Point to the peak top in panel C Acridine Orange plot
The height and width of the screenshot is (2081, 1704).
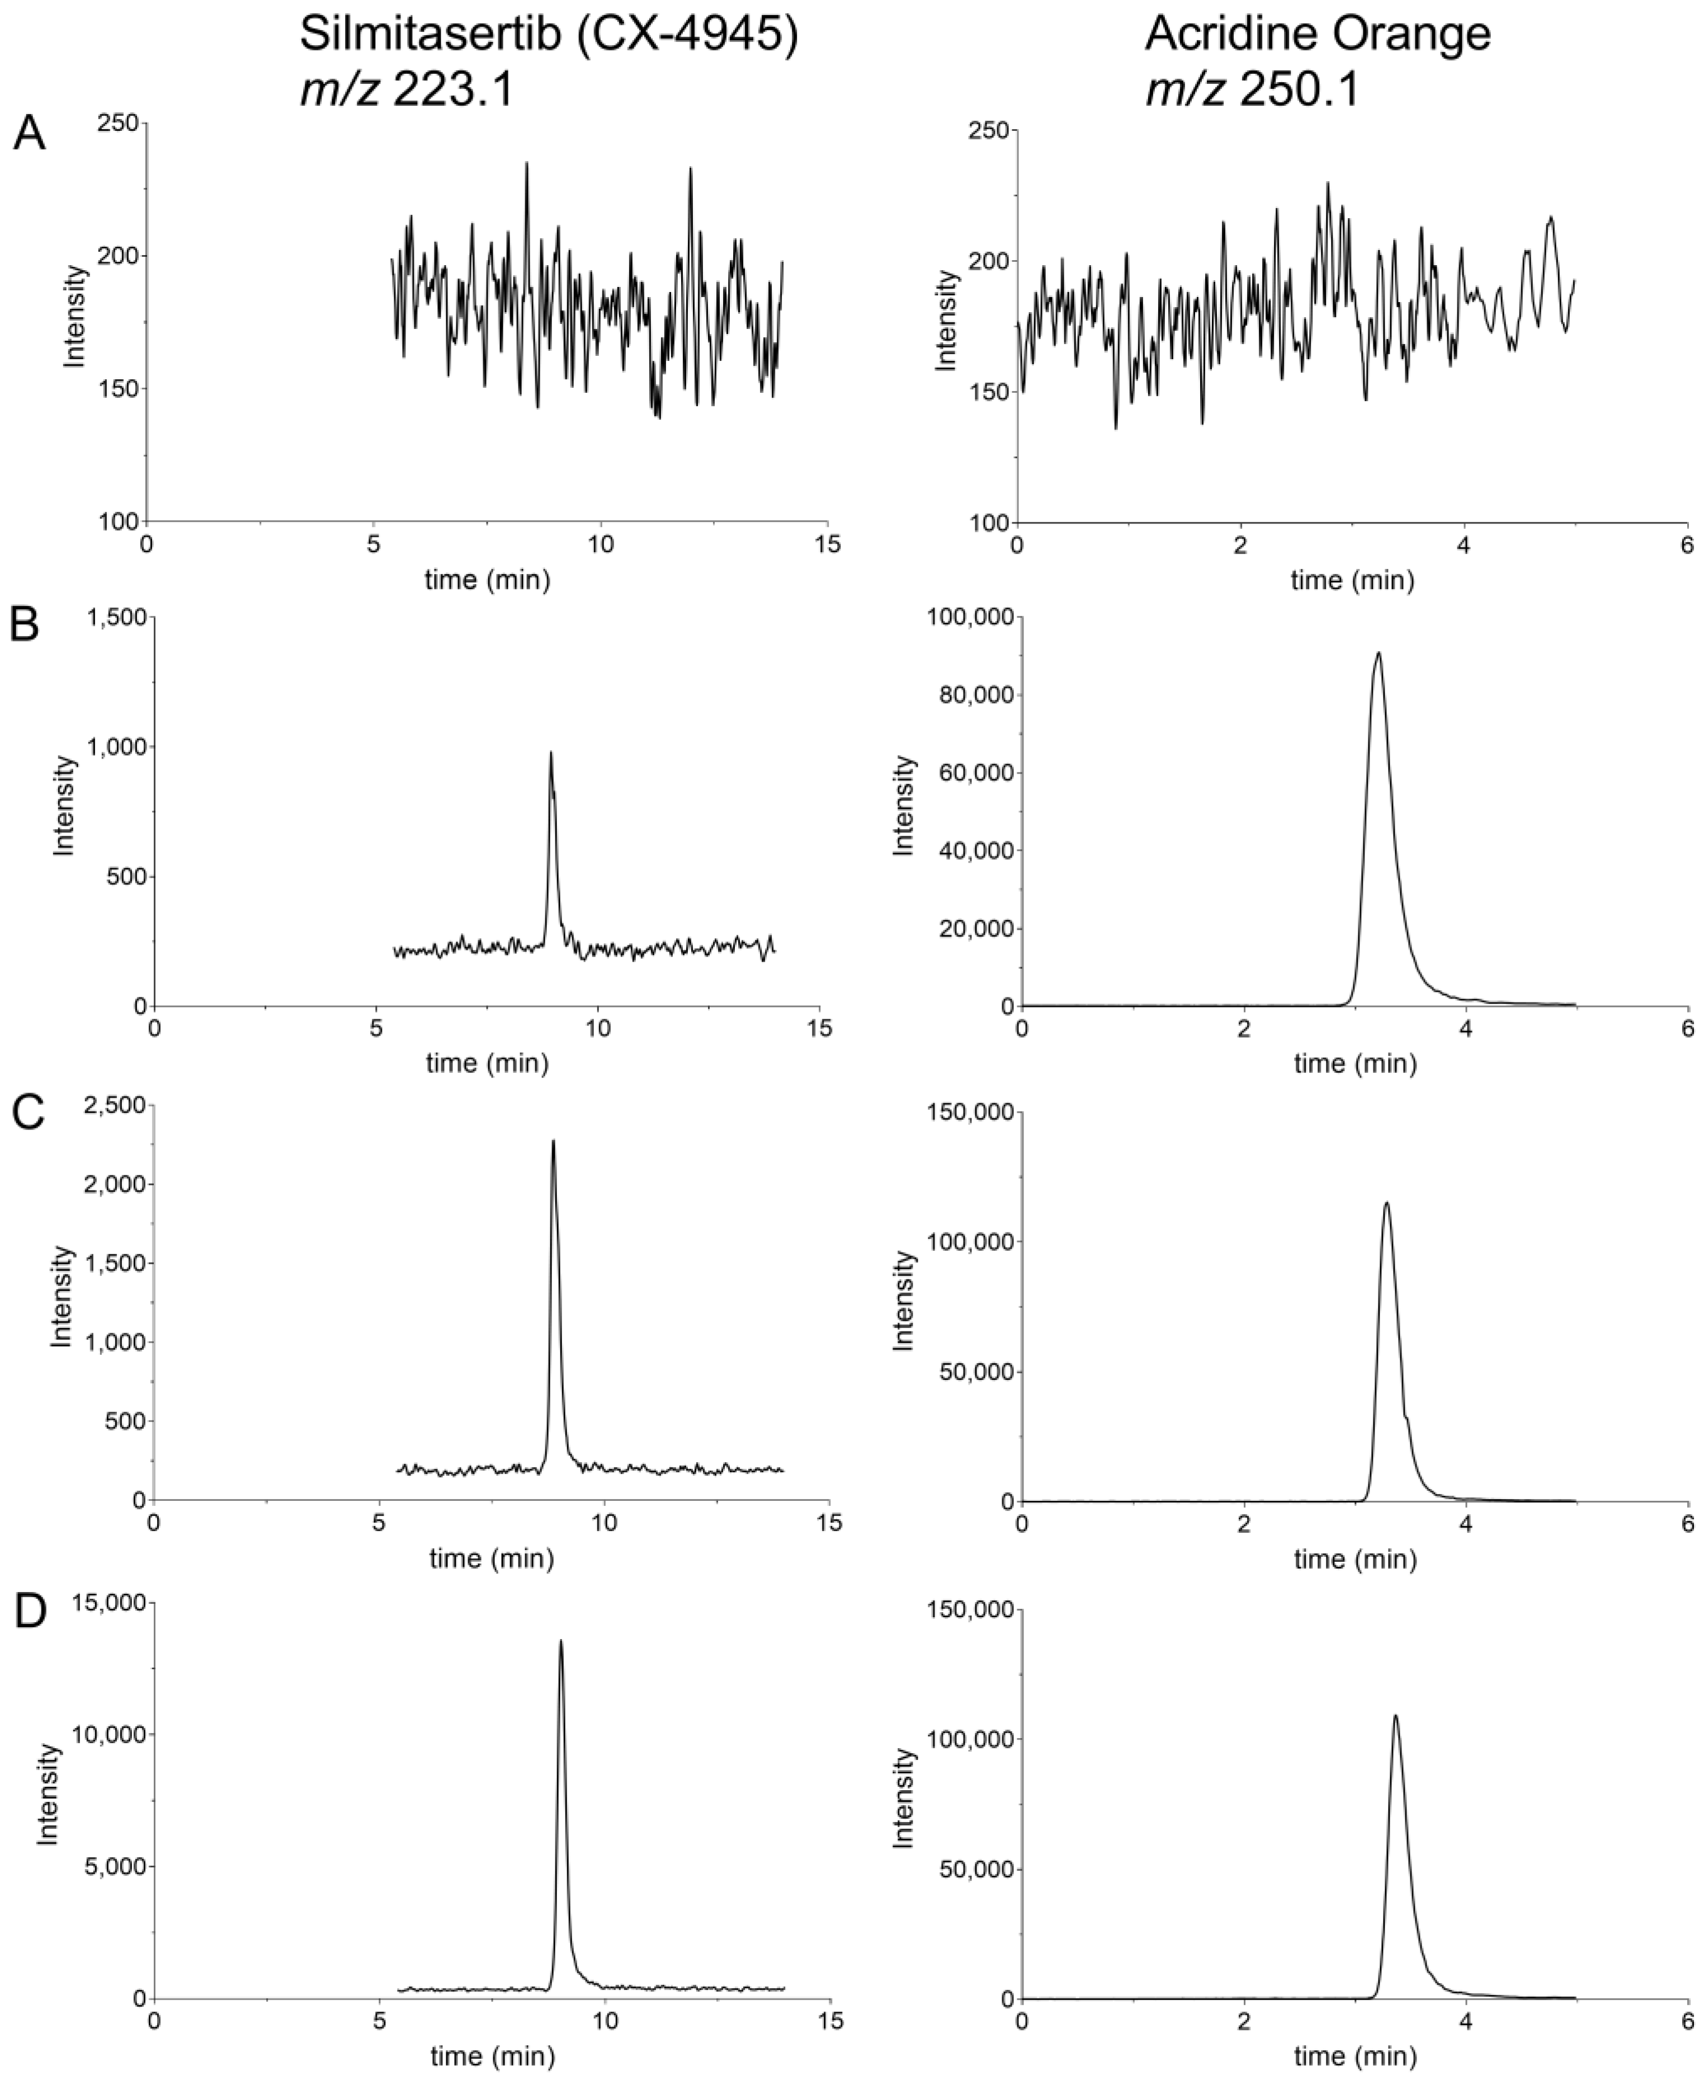1386,1203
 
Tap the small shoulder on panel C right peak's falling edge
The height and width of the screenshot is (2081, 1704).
1408,1416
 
